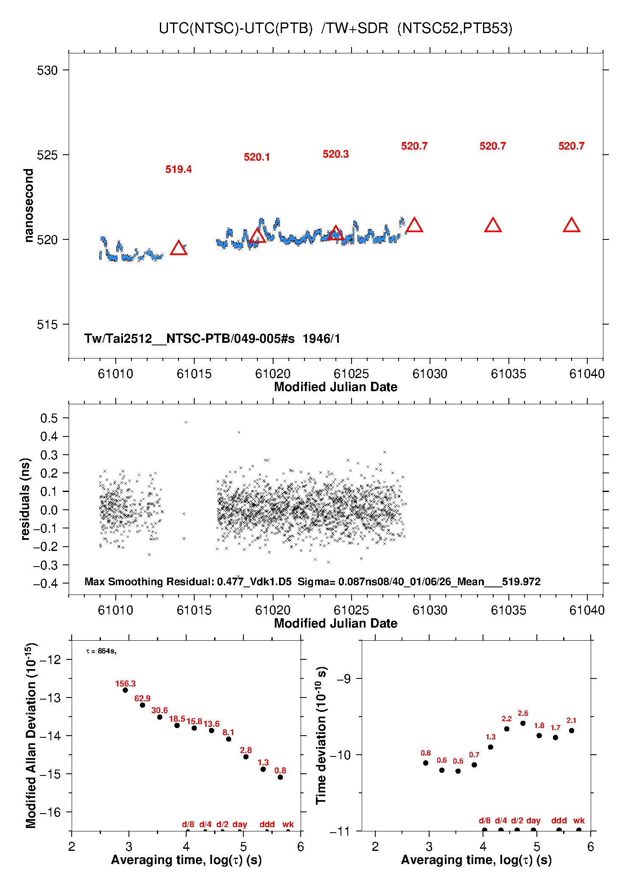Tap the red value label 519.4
[x=179, y=170]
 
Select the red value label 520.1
[x=257, y=157]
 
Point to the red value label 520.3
[x=335, y=154]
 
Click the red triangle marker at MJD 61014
[x=179, y=248]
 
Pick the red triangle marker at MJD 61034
[x=493, y=225]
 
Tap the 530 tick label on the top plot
[x=47, y=70]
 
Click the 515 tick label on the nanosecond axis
[x=47, y=325]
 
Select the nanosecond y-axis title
[x=28, y=205]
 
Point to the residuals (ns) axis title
[x=25, y=499]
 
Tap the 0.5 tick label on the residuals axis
[x=49, y=418]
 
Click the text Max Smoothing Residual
[x=149, y=581]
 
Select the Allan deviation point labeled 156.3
[x=125, y=690]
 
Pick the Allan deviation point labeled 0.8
[x=280, y=777]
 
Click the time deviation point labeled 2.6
[x=523, y=723]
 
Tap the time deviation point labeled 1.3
[x=491, y=747]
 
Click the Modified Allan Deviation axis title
[x=31, y=736]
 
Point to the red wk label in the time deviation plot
[x=579, y=820]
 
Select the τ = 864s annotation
[x=101, y=651]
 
